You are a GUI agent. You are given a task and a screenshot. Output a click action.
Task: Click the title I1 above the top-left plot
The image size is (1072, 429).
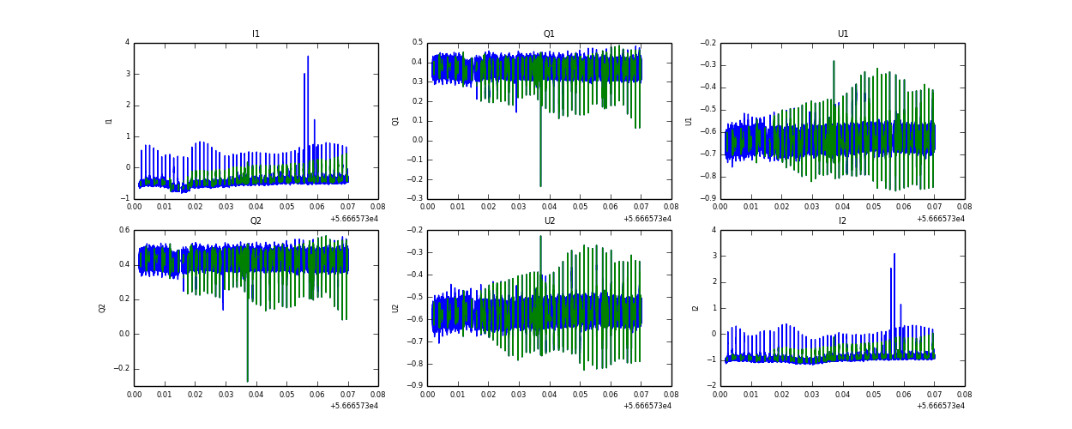tap(256, 34)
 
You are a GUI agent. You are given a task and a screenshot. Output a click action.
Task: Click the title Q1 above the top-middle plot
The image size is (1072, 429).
tap(549, 34)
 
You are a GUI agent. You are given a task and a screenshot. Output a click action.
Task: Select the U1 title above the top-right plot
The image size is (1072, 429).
tap(843, 34)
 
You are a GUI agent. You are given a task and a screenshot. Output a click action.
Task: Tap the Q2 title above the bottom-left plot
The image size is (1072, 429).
tap(256, 221)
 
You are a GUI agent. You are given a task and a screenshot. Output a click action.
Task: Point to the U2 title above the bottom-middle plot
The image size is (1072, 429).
tap(549, 221)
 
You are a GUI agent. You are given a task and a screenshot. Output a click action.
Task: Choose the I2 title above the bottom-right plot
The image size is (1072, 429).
tap(843, 221)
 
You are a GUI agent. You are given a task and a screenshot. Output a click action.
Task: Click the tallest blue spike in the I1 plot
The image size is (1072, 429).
tap(308, 58)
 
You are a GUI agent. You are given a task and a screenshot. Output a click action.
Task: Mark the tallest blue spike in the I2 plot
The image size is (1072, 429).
tap(894, 255)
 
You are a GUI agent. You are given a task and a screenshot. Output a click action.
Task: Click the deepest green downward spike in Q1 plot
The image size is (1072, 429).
tap(540, 184)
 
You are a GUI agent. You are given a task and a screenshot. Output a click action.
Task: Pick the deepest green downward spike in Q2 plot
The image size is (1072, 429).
tap(248, 380)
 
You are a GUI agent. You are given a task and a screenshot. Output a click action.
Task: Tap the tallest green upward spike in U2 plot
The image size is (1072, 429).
tap(540, 237)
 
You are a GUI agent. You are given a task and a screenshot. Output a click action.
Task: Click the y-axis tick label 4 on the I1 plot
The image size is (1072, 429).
tap(127, 43)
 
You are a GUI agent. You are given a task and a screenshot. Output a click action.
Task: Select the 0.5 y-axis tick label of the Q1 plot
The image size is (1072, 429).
tap(417, 43)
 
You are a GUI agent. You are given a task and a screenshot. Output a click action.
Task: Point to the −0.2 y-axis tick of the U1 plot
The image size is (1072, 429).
tap(708, 43)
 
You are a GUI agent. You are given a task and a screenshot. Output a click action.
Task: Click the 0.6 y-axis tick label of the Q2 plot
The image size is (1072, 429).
tap(123, 230)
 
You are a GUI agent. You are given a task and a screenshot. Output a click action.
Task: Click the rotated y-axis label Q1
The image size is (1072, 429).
tap(396, 121)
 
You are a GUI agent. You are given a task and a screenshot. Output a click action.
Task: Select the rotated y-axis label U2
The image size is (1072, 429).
tap(396, 308)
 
